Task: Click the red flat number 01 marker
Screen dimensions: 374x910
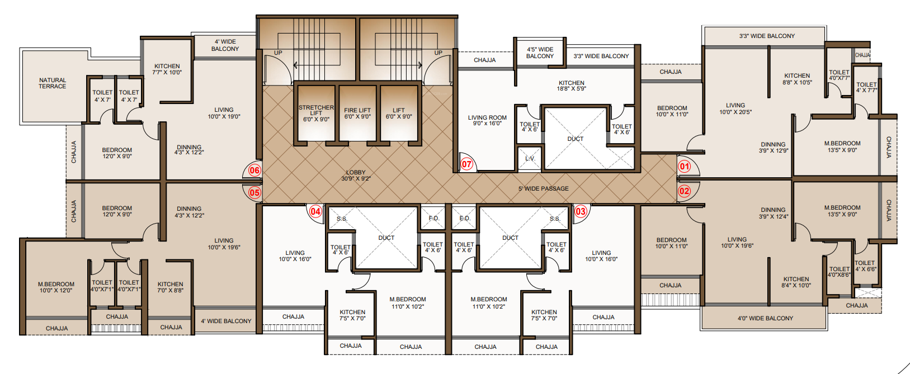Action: click(685, 166)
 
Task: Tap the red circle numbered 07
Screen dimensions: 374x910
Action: click(466, 164)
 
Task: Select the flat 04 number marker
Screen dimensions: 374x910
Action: click(315, 211)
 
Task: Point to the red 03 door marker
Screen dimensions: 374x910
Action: click(581, 211)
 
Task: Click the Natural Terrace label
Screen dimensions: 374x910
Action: click(53, 83)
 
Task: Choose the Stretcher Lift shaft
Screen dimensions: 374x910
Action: click(316, 113)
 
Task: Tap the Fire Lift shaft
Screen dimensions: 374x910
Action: click(357, 113)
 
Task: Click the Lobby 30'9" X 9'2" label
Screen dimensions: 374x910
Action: click(356, 176)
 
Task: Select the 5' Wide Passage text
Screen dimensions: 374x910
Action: click(543, 188)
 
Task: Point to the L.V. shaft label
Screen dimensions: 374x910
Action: click(530, 158)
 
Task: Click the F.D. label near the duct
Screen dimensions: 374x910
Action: click(433, 218)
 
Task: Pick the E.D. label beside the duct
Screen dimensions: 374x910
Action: click(464, 218)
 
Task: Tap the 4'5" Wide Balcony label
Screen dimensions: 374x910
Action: click(540, 53)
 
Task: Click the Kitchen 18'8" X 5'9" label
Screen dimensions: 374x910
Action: click(571, 86)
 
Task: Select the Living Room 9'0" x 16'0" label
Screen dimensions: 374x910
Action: click(487, 120)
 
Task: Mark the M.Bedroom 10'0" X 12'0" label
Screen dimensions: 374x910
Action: click(56, 287)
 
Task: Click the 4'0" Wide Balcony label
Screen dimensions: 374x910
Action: click(765, 318)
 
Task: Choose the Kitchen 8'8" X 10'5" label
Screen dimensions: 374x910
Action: click(797, 79)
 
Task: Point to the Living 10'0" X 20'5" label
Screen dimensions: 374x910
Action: click(735, 108)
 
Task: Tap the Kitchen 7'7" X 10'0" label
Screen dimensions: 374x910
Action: click(167, 69)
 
